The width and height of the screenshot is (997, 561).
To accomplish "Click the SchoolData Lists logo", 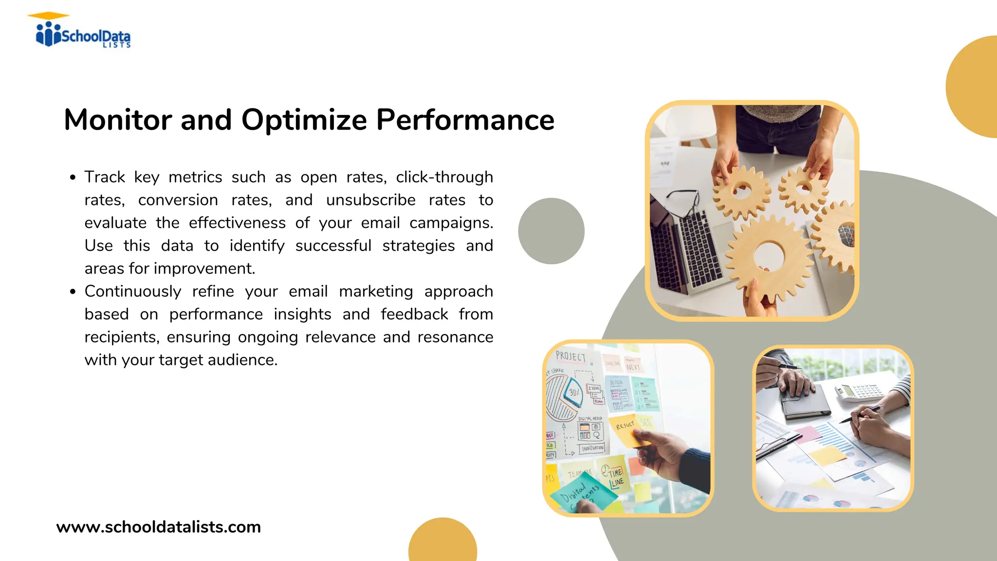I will pos(83,32).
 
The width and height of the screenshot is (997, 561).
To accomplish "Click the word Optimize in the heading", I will pos(304,120).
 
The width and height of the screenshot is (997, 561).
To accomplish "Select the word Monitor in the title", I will pos(118,120).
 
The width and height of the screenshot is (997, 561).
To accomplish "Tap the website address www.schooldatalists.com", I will pos(158,527).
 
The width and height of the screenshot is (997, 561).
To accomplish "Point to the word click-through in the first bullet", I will pos(444,177).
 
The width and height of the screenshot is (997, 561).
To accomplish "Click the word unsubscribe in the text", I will pos(370,200).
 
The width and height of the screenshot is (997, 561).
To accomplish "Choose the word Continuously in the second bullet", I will pos(132,291).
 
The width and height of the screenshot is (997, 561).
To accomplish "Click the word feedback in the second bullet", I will pos(414,314).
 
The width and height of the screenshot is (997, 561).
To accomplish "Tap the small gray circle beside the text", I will pos(551,231).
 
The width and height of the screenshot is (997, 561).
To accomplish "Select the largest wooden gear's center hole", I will pos(769,257).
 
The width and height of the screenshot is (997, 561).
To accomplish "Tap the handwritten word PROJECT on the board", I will pos(571,356).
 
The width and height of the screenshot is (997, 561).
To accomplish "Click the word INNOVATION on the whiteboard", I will pos(592,448).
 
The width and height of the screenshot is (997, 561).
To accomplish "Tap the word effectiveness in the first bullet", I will pos(237,223).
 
